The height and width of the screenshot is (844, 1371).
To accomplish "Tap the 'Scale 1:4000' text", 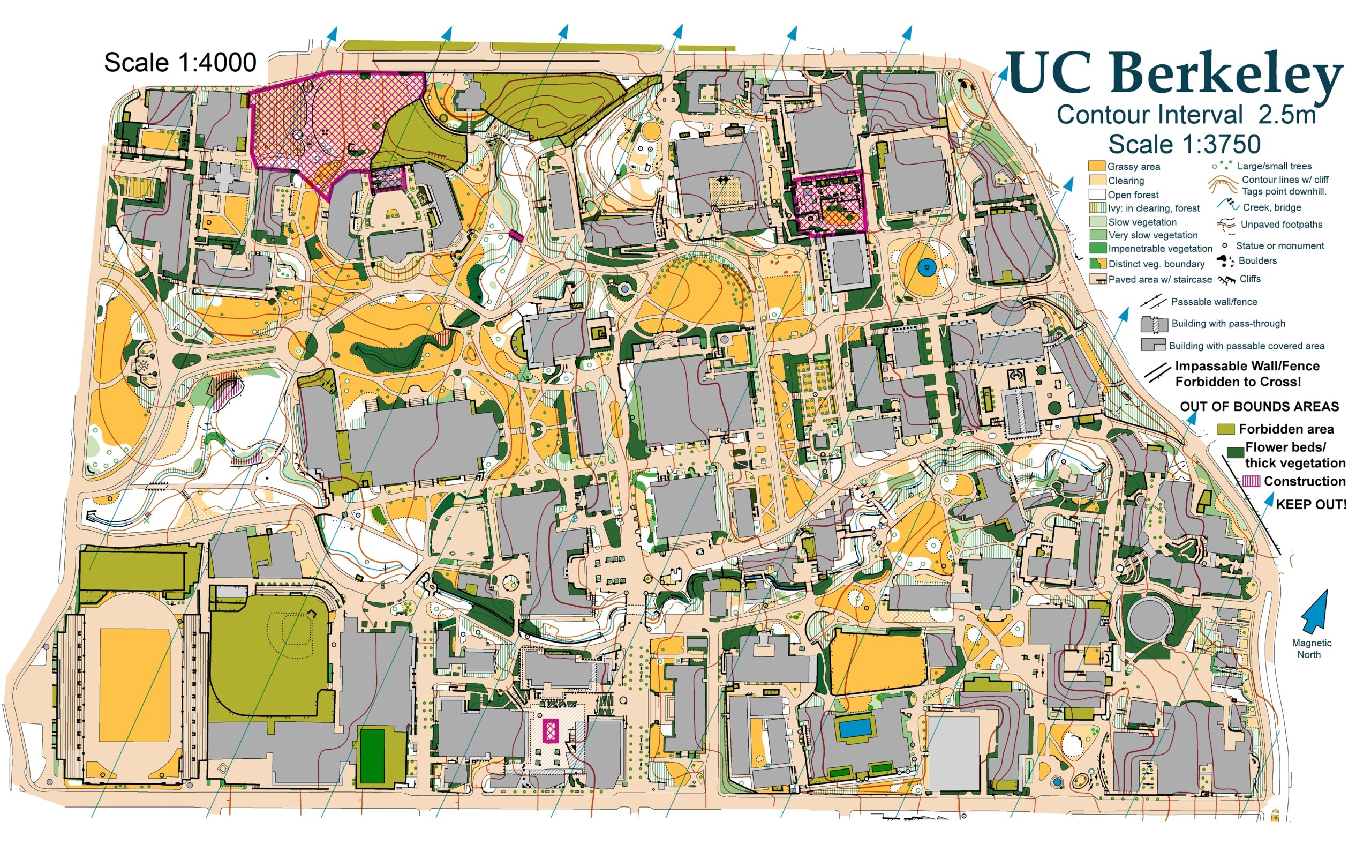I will click(x=179, y=63).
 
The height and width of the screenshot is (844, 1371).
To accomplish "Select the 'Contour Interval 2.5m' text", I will click(x=1186, y=115).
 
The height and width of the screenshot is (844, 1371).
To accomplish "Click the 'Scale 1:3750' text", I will click(x=1184, y=144).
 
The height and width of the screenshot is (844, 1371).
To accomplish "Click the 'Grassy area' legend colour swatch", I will click(x=1096, y=166).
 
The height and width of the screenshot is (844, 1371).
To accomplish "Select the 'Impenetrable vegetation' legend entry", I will click(x=1159, y=249).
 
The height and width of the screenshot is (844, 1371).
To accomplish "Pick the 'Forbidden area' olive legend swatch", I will click(x=1225, y=429).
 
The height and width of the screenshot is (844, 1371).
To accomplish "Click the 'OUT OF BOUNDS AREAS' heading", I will click(x=1259, y=406).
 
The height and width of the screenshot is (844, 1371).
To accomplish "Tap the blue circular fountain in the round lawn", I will click(x=926, y=268).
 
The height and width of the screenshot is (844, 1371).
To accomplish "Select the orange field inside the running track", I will click(x=134, y=685).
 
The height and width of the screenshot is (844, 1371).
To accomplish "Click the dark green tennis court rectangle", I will click(x=372, y=756).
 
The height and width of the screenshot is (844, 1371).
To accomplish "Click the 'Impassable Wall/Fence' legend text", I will click(x=1247, y=366).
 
